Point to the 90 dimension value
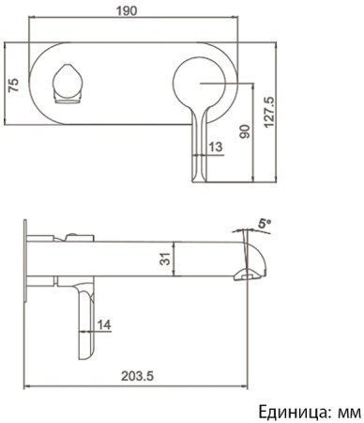246,130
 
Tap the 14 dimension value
104,324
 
